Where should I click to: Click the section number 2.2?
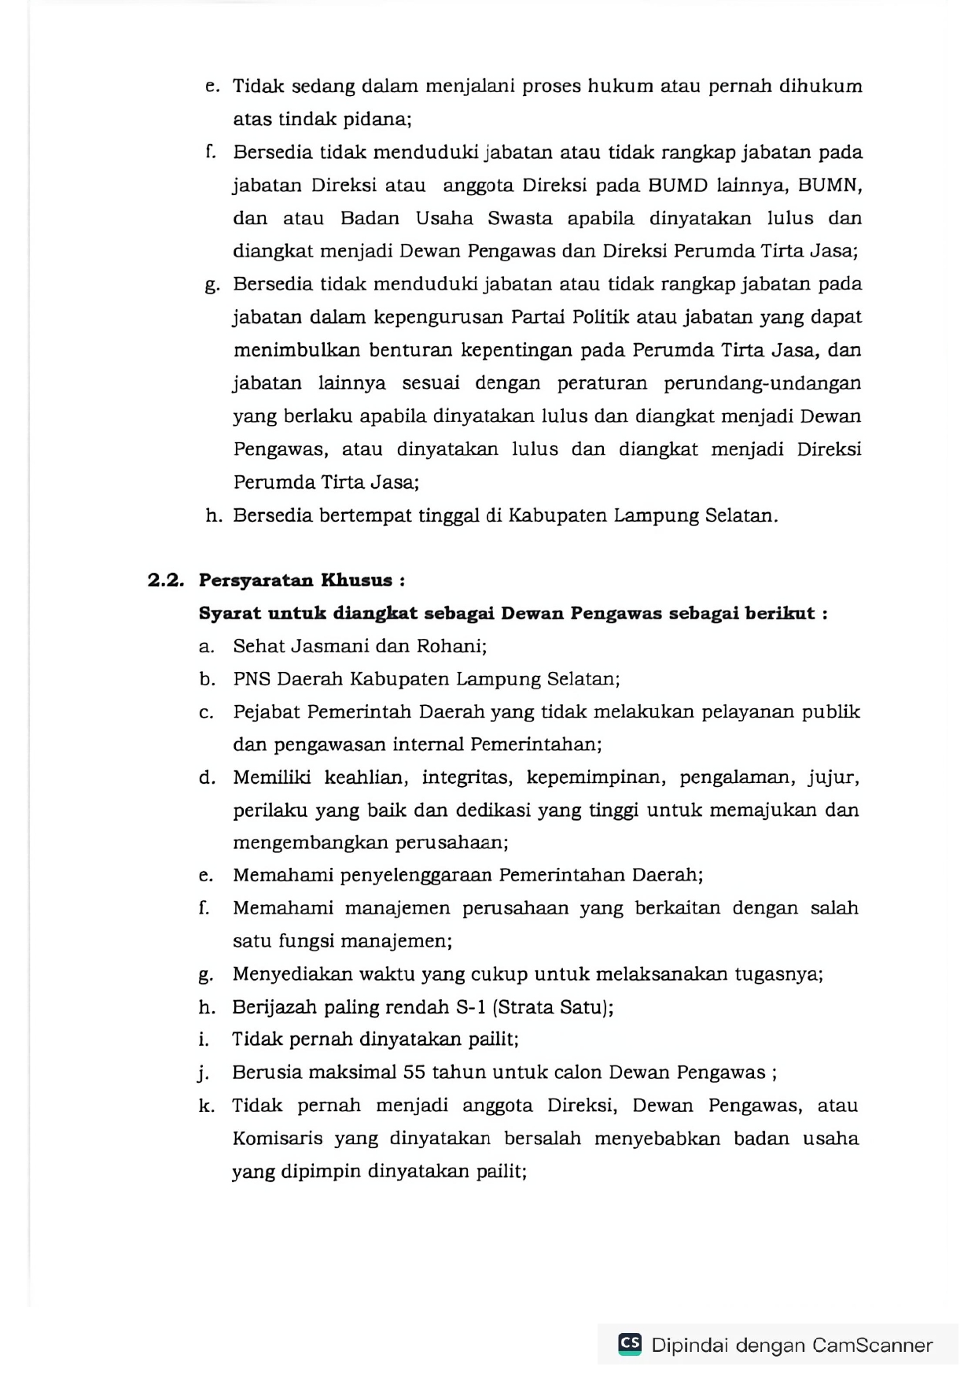click(x=165, y=581)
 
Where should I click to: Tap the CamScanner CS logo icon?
click(x=630, y=1343)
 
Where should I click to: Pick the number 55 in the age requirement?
click(x=415, y=1073)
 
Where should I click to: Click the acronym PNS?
click(x=252, y=679)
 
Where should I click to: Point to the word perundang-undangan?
click(x=762, y=383)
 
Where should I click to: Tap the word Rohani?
click(x=451, y=646)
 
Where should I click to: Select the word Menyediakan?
click(x=292, y=974)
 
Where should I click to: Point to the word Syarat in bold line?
click(x=230, y=614)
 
